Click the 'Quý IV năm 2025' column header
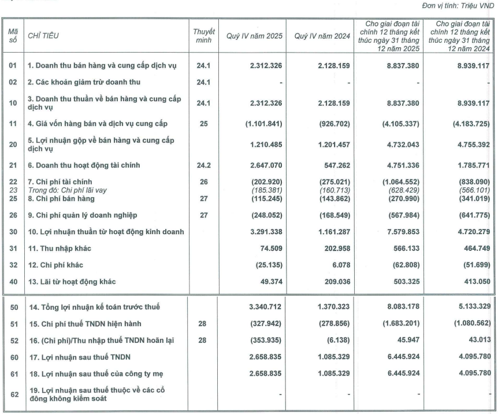[252, 35]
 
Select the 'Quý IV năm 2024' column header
[321, 35]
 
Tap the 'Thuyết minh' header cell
[204, 35]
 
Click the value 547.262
[333, 165]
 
